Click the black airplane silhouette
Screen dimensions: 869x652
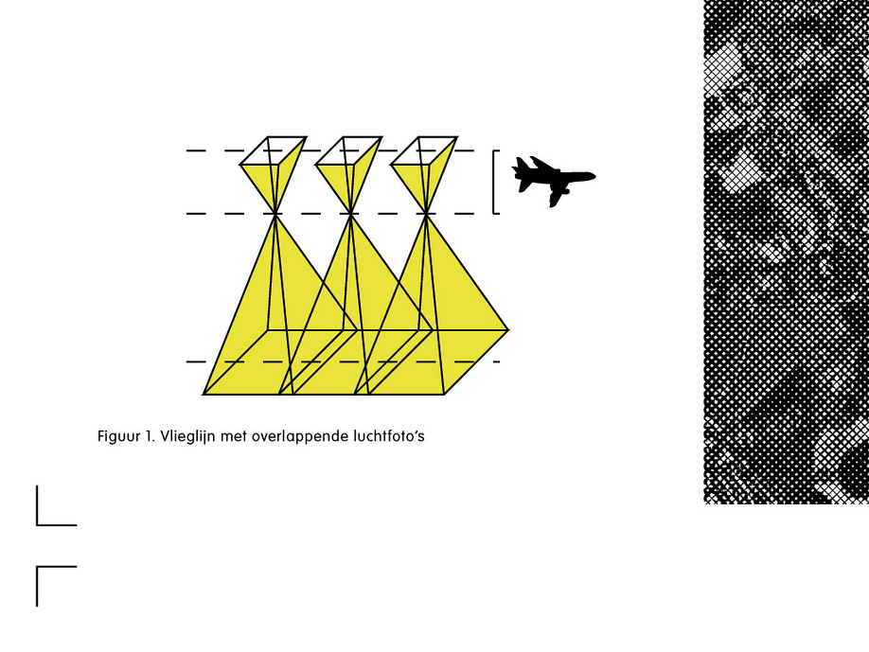(552, 178)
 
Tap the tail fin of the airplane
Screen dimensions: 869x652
(521, 167)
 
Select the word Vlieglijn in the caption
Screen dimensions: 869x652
(187, 436)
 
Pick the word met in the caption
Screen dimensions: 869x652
(233, 436)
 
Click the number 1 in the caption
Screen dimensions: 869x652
(150, 436)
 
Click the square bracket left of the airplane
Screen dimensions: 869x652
(494, 182)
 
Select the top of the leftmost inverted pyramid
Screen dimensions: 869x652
(274, 150)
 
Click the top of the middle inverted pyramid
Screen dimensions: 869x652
(349, 150)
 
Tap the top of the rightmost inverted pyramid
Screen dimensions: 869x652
(424, 150)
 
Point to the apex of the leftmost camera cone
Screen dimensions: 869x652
(275, 213)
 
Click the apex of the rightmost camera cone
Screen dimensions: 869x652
(426, 213)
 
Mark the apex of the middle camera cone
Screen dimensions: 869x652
(351, 213)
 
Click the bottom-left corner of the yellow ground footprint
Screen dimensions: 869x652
(203, 395)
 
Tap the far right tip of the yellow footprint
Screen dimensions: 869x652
(508, 330)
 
